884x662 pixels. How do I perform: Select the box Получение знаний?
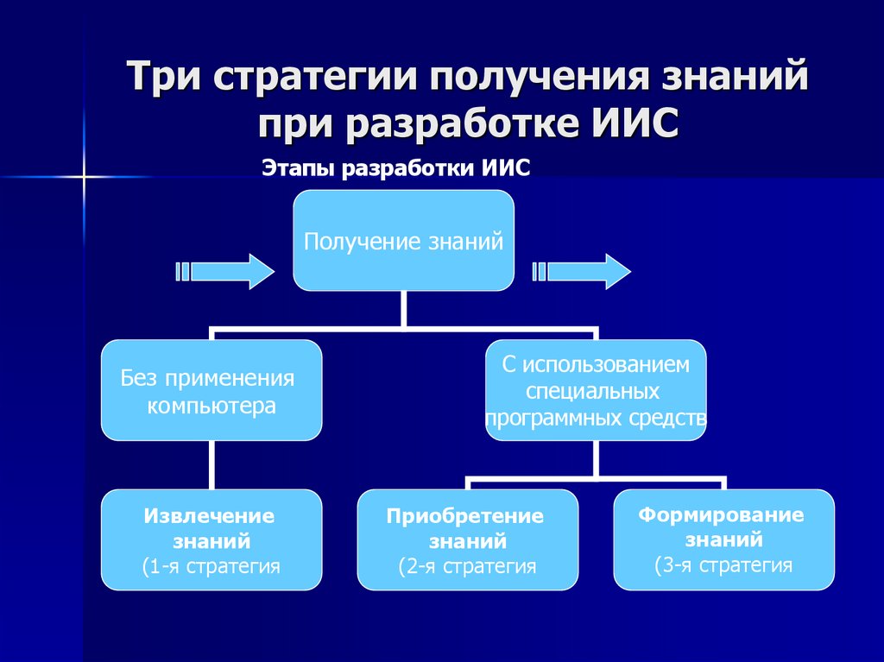[403, 241]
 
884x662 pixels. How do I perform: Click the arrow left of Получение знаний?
[224, 271]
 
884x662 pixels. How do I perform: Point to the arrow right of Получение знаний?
[581, 271]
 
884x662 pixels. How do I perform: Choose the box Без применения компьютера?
[212, 390]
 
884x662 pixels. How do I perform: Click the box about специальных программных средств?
[596, 390]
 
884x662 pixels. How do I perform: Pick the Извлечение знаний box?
[212, 539]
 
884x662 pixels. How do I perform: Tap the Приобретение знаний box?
[467, 539]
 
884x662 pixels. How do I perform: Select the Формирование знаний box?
[723, 539]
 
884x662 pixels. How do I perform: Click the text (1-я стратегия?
[212, 566]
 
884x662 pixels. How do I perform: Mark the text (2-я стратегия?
[467, 567]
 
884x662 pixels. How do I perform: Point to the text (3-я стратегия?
[723, 565]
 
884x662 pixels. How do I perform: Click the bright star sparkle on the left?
[84, 177]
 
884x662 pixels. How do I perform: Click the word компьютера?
[212, 406]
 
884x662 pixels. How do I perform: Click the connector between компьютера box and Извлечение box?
[212, 465]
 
